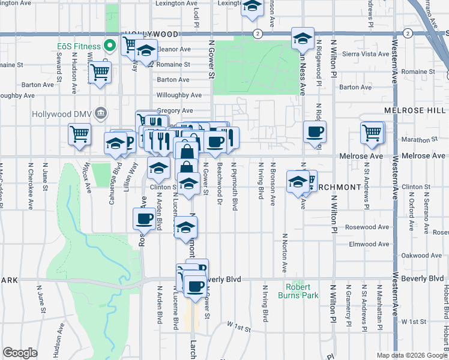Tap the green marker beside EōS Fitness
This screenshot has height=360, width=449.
click(110, 46)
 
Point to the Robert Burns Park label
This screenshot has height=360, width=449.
click(294, 291)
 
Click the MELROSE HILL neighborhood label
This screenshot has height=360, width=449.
click(415, 110)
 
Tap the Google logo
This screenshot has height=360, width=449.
click(20, 353)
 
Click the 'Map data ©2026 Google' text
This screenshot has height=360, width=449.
click(411, 355)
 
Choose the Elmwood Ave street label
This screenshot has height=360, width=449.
click(369, 244)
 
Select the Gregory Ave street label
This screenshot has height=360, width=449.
click(175, 110)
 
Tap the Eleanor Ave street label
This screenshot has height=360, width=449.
click(173, 49)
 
